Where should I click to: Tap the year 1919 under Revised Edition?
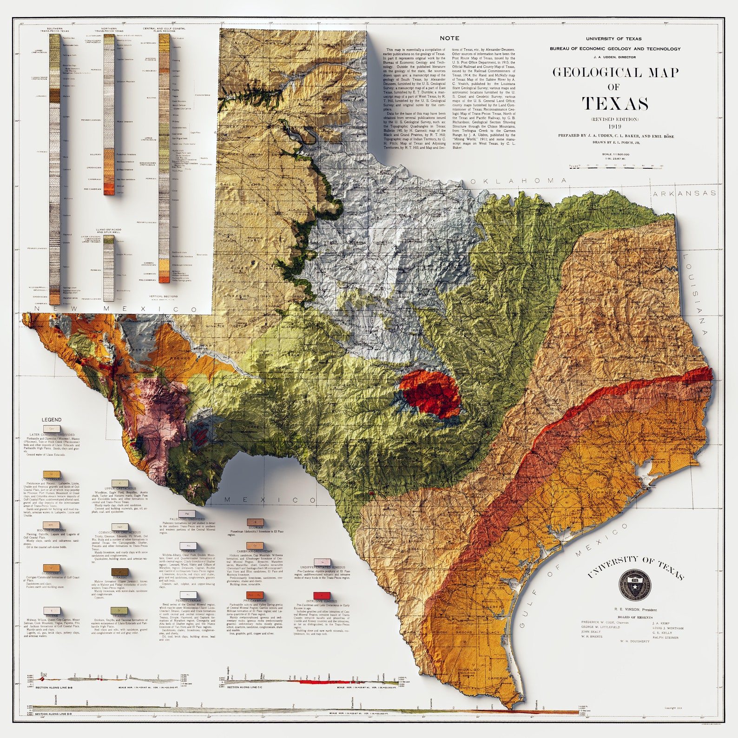click(x=614, y=126)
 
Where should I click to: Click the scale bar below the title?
click(x=615, y=166)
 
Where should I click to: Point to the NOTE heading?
click(x=449, y=38)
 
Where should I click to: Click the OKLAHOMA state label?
click(x=518, y=181)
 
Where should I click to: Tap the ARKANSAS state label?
click(x=684, y=193)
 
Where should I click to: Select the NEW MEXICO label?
click(x=111, y=309)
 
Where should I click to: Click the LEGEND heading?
click(x=52, y=420)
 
